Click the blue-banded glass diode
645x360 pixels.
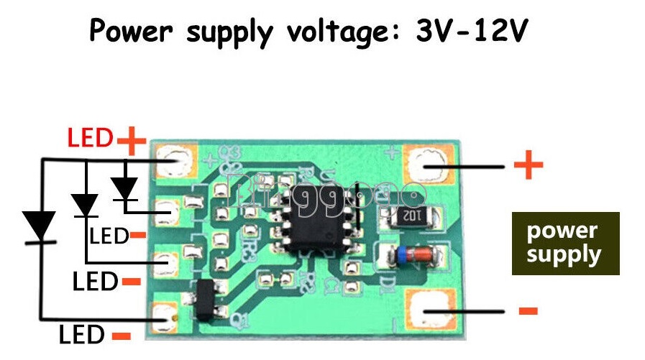(403, 254)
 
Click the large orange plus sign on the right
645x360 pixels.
(529, 167)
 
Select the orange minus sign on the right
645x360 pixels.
(528, 310)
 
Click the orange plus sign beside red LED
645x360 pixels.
(131, 139)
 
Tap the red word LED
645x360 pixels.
(90, 137)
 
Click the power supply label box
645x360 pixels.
(565, 243)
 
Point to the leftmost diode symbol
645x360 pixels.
(40, 226)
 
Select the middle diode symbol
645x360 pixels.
(86, 205)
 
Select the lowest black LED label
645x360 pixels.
(82, 334)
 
